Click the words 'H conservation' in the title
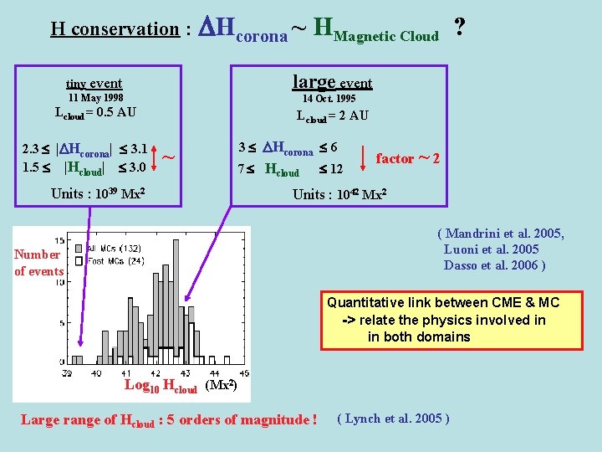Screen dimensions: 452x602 click(115, 29)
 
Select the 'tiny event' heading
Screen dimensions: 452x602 click(94, 83)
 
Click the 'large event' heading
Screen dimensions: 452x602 click(332, 82)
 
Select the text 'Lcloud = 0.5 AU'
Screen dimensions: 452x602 click(95, 113)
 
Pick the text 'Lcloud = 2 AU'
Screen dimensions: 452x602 click(332, 116)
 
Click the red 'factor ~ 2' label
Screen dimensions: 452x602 click(407, 157)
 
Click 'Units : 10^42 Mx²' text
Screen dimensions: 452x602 click(339, 194)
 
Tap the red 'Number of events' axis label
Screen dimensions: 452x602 click(38, 262)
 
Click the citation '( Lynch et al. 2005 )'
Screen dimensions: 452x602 click(392, 418)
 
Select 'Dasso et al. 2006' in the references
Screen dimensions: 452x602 click(495, 265)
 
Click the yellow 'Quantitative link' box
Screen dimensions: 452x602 click(451, 320)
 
